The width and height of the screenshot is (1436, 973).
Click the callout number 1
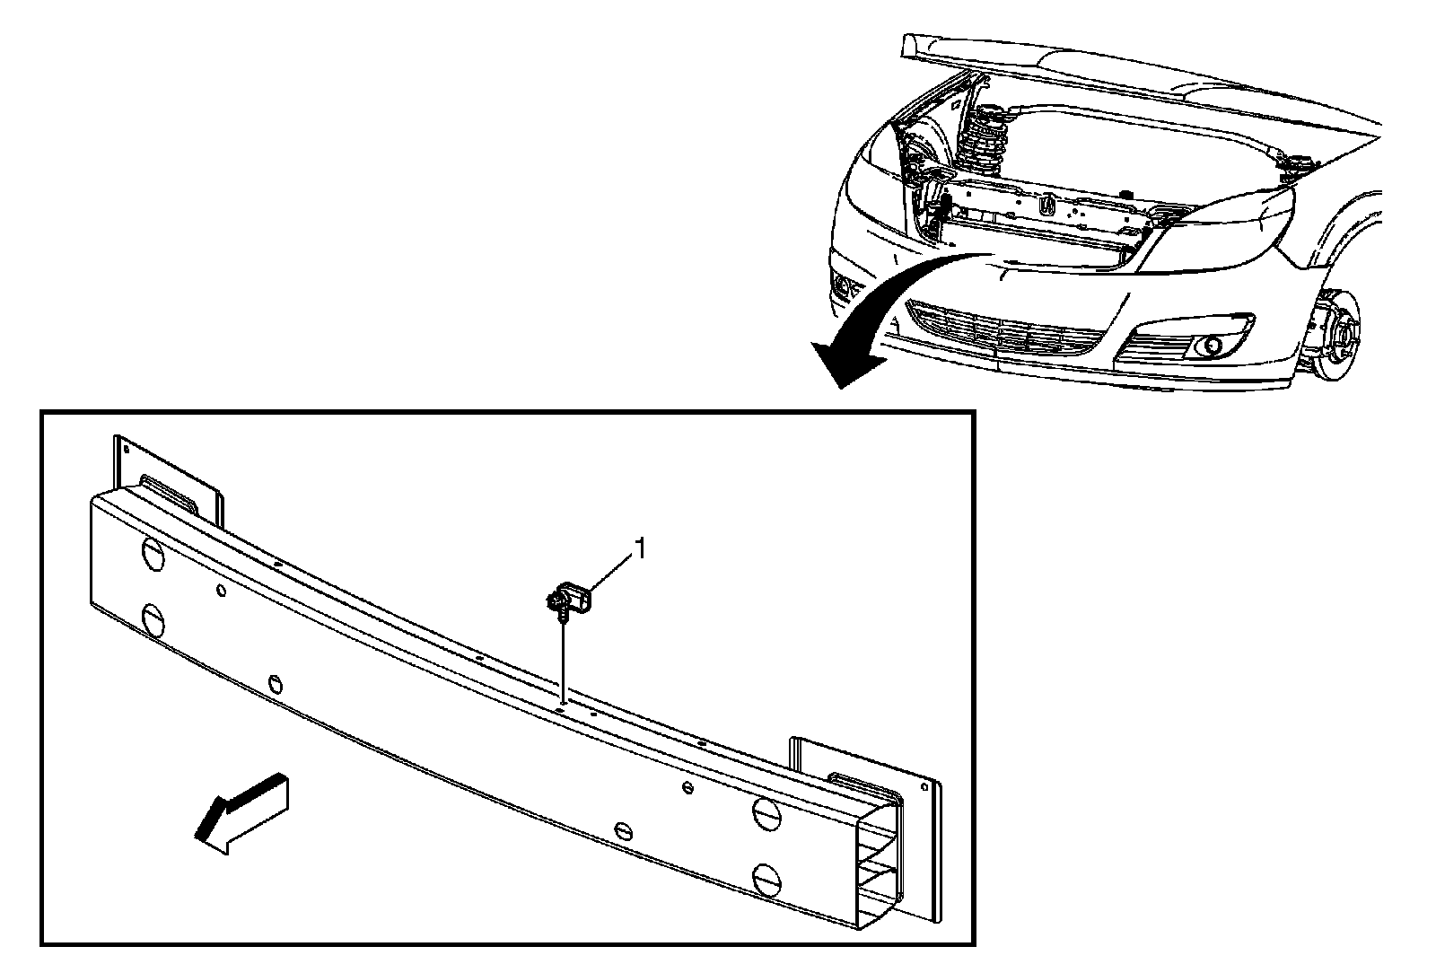click(640, 548)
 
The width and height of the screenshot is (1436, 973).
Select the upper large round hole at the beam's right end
click(766, 812)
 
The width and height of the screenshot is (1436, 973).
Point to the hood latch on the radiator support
click(1046, 205)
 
